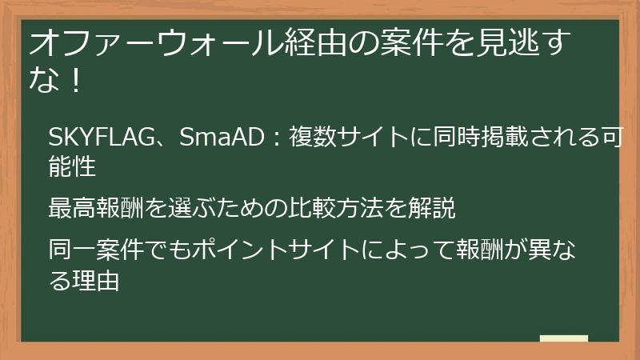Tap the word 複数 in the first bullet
click(300, 137)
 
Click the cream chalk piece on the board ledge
click(563, 338)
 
